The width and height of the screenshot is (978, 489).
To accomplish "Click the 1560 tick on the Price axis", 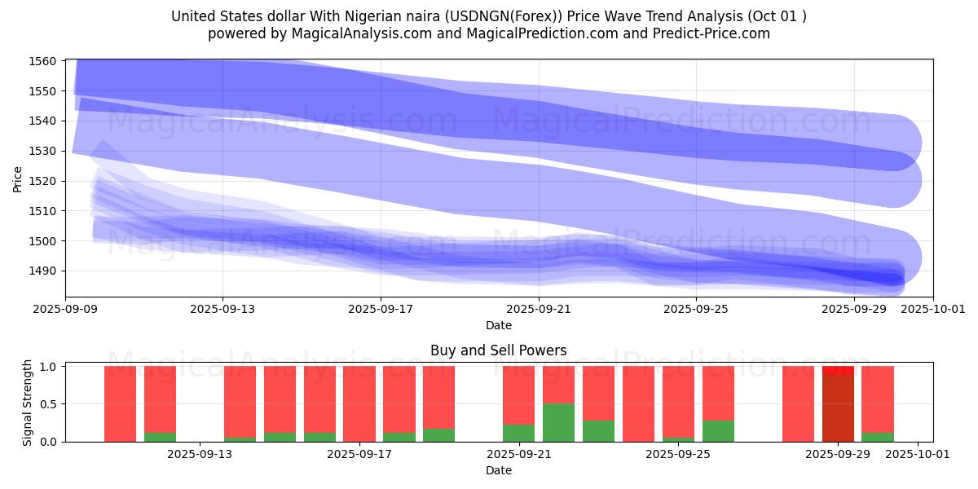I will pos(42,61).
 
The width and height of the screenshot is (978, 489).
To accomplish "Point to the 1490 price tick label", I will pos(42,271).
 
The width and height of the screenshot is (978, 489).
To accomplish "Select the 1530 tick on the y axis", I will pos(42,151).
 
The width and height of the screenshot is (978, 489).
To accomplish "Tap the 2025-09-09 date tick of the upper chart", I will pos(65,310).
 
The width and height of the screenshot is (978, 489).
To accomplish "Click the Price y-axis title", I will pos(17,178).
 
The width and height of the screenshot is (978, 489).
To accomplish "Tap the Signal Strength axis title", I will pos(28,403).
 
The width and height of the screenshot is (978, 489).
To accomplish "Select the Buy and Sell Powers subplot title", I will pos(499,350).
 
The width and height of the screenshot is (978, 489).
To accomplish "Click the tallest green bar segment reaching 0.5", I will pos(558,422).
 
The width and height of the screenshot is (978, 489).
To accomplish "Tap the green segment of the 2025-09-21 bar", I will pos(518,433).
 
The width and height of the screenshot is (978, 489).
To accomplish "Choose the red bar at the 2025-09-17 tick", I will pos(359,403).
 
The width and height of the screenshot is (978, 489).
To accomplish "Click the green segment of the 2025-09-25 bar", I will pos(678,439).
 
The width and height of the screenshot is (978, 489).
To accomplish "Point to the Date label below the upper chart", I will pos(499,325).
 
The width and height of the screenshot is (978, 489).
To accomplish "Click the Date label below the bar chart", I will pos(499,470).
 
